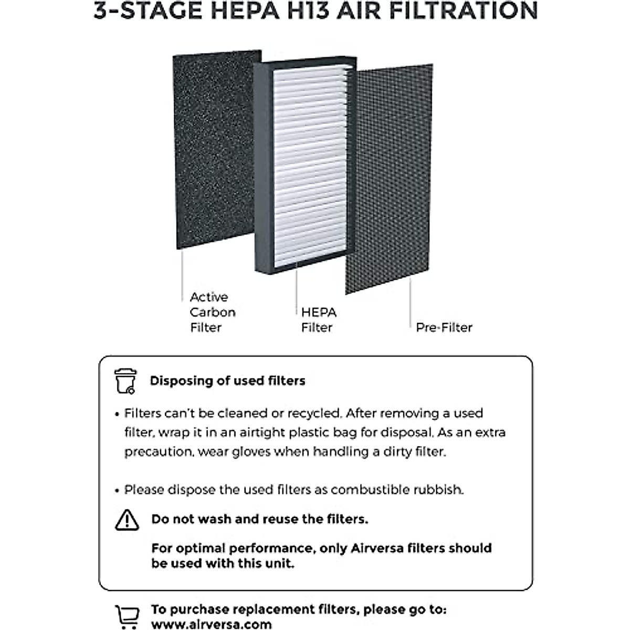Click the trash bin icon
point(125,381)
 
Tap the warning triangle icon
point(127,520)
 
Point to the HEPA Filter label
point(318,320)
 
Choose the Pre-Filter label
point(444,328)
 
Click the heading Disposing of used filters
point(227,381)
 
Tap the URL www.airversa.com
point(212,624)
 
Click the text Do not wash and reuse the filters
point(259,519)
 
